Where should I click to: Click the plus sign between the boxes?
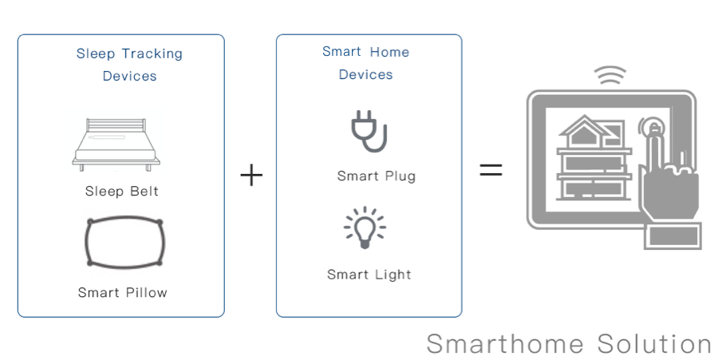pos(251,176)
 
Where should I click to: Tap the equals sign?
pos(491,169)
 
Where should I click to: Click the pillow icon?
pos(123,243)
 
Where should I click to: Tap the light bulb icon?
pos(364,227)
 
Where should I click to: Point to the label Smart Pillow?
pos(123,292)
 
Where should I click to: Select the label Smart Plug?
pos(377,176)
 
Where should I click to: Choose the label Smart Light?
pos(369,275)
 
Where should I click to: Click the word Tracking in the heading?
pos(152,54)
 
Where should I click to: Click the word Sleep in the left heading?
pos(96,54)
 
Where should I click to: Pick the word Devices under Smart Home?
pos(366,75)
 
